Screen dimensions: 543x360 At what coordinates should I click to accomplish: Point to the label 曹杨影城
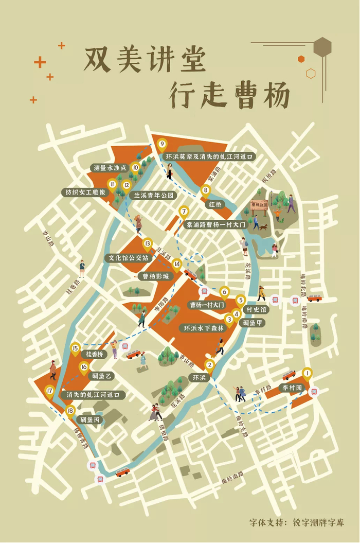155,276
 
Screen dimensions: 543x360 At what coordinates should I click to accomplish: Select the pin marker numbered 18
71,410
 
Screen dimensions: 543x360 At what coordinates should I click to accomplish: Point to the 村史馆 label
256,310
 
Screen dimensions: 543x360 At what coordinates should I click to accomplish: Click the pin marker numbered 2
209,366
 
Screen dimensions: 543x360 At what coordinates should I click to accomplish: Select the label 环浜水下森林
204,328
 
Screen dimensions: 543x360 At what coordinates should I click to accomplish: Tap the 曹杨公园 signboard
260,205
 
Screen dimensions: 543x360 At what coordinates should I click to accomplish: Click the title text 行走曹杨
229,95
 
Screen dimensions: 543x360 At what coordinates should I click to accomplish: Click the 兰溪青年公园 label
155,196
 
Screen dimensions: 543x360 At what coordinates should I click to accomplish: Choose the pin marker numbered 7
184,211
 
